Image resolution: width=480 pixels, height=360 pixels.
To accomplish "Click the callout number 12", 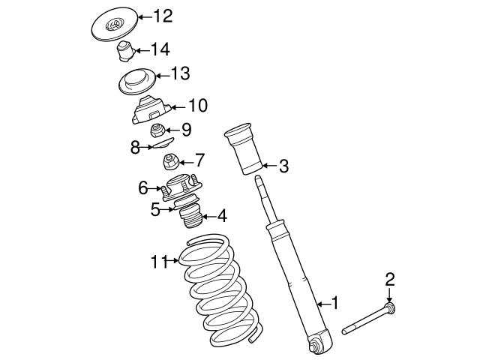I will [x=163, y=15].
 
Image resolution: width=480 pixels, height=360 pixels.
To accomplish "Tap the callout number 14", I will [x=160, y=49].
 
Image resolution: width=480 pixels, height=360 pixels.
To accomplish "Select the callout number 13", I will [x=180, y=73].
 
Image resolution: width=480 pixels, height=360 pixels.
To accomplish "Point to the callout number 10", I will [x=197, y=106].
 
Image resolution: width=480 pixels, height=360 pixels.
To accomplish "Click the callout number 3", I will [x=283, y=166].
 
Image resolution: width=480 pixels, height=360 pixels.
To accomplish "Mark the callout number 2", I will [x=389, y=280].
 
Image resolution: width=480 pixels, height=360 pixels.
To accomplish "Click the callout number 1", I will [x=335, y=303].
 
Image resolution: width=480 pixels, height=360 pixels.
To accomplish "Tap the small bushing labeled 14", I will [x=124, y=53].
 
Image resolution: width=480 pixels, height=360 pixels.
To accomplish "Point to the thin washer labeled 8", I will [x=158, y=144].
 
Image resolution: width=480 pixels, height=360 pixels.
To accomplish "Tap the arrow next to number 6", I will [x=157, y=188].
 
